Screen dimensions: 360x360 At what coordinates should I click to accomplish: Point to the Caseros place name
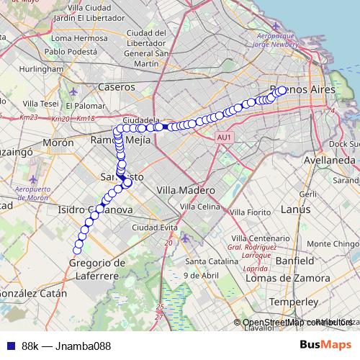tap(116, 86)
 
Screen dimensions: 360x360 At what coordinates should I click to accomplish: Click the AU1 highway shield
tap(224, 137)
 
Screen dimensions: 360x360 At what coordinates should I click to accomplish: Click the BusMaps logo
tap(326, 345)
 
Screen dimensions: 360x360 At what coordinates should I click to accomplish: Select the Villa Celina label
tap(199, 207)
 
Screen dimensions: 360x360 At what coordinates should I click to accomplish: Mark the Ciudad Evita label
tap(150, 228)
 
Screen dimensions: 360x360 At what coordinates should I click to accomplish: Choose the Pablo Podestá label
tap(71, 52)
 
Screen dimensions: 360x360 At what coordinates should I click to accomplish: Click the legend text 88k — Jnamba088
tap(66, 346)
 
